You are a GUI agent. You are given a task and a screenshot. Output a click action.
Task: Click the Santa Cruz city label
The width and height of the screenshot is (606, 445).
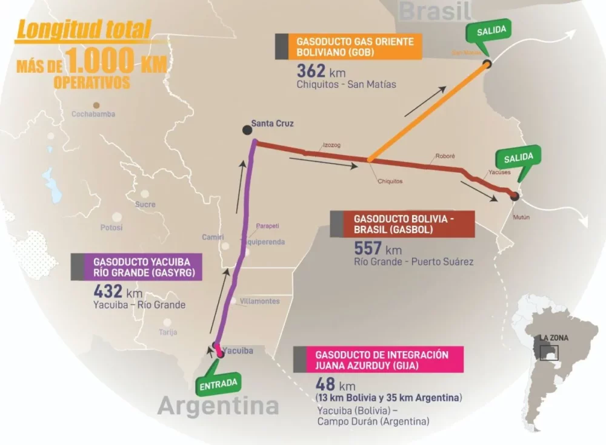[272, 124]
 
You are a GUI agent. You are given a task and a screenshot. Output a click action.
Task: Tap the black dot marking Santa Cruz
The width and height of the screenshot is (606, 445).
[247, 130]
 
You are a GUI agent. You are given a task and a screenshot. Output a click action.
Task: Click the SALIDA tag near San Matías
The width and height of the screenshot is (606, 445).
[491, 30]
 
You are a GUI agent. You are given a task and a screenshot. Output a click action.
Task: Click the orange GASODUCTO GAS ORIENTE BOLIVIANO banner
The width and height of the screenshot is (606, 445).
[355, 47]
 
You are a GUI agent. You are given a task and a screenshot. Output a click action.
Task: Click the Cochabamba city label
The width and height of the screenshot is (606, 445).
[93, 114]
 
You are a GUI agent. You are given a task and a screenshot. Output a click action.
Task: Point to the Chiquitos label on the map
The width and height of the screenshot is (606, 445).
[390, 181]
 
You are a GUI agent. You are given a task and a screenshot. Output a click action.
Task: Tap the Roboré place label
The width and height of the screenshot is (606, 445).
[445, 156]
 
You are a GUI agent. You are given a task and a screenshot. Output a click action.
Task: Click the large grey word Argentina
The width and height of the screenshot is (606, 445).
[218, 407]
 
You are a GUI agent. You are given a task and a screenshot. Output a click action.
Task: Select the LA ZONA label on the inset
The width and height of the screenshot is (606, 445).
[555, 338]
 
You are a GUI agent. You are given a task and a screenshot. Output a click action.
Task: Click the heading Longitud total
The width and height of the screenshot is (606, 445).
[84, 30]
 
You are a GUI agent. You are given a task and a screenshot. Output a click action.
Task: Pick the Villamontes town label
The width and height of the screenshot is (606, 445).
[259, 301]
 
